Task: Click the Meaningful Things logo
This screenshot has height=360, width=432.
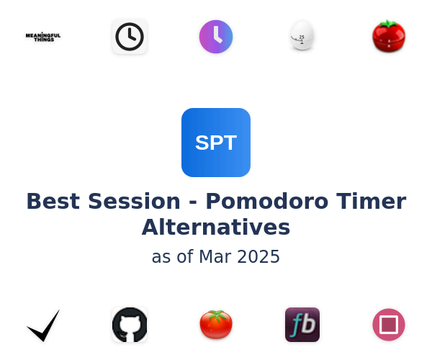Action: click(x=43, y=37)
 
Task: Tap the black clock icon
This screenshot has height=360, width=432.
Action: click(x=130, y=36)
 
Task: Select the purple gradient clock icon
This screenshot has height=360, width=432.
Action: click(x=216, y=36)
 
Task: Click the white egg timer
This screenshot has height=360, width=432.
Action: click(x=302, y=35)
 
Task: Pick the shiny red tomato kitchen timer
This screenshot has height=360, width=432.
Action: click(x=389, y=36)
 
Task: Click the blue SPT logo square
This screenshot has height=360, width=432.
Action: click(x=216, y=143)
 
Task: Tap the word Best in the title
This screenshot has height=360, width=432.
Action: click(x=53, y=201)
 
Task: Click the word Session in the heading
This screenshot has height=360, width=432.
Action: click(x=134, y=201)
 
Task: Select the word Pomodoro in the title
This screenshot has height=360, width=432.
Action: click(x=267, y=201)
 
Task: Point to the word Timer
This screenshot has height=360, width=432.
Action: click(x=371, y=201)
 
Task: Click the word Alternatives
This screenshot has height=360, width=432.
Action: click(x=216, y=228)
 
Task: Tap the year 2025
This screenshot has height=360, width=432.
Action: click(x=258, y=257)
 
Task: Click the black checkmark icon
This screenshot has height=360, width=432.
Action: click(x=43, y=325)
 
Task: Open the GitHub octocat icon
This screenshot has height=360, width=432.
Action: click(x=130, y=325)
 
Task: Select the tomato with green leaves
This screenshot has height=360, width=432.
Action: click(x=216, y=324)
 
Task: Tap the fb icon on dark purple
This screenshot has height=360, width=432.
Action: click(x=302, y=325)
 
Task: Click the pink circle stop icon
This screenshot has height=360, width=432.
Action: click(x=389, y=325)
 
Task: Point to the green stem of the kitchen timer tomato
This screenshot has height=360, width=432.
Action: click(x=388, y=24)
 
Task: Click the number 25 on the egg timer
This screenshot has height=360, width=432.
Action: click(x=302, y=37)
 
